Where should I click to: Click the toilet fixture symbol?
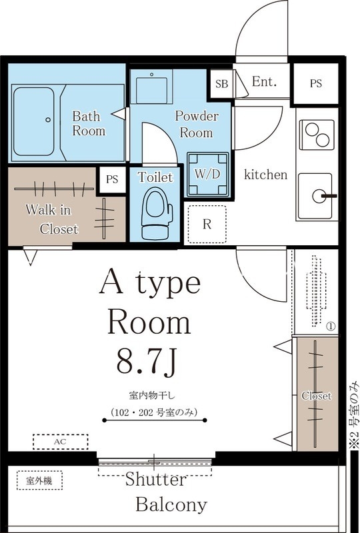pos(157,213)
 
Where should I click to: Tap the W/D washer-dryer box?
pos(208,175)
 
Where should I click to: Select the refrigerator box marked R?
pos(207,225)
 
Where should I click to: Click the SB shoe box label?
pos(222,84)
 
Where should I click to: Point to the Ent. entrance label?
pos(264,81)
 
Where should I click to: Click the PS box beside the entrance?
pos(316,84)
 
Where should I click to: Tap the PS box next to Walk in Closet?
pos(111,179)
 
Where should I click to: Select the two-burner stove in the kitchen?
pos(317,135)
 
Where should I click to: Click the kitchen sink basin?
pos(315,196)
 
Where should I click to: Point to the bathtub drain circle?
pos(48,120)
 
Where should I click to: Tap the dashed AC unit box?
pos(61,442)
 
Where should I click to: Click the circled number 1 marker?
pos(331,326)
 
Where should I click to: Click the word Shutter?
pos(156,479)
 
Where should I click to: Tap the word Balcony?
pos(171,504)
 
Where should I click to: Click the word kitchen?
pos(266,175)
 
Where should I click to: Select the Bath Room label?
pos(89,124)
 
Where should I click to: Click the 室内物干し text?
pos(152,396)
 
